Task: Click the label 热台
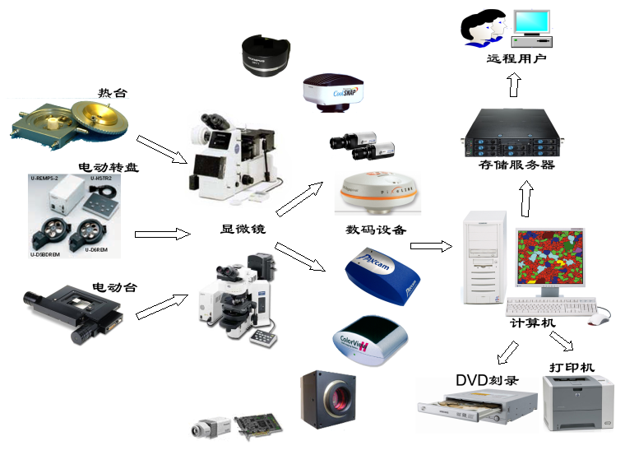click(x=113, y=93)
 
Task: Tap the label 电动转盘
click(x=109, y=168)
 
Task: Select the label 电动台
click(x=114, y=287)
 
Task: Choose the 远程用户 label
click(x=516, y=59)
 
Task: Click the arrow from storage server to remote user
click(x=513, y=84)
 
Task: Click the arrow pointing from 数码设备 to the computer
click(x=432, y=245)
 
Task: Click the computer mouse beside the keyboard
click(x=603, y=316)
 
